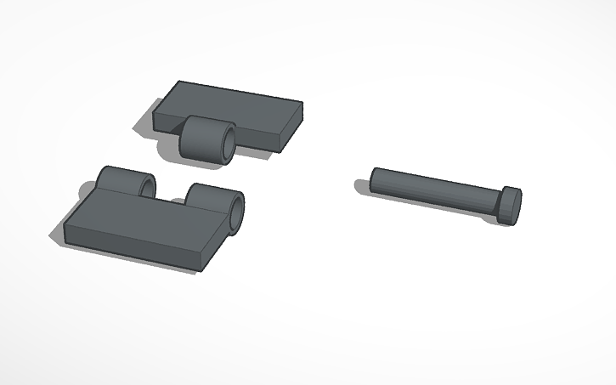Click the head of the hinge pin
(x=509, y=205)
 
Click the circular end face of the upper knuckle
(x=227, y=144)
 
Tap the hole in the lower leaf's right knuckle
(x=235, y=212)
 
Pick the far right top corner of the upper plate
(x=302, y=104)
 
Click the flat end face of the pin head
(x=514, y=207)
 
